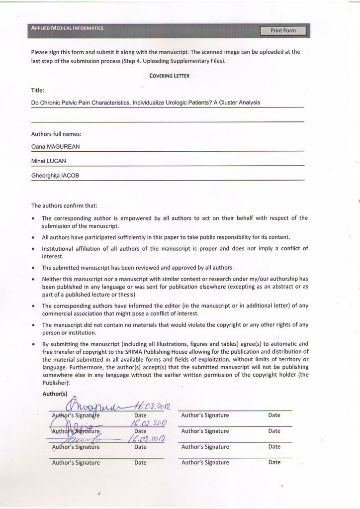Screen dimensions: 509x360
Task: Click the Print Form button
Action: [283, 31]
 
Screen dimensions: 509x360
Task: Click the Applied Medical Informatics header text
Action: [67, 28]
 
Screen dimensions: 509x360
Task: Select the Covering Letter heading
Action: [169, 76]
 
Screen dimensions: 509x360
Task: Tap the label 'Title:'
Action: [38, 91]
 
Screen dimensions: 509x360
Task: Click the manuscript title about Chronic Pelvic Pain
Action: [145, 102]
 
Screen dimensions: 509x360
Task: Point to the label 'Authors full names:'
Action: [56, 134]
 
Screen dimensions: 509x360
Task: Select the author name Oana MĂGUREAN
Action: [55, 146]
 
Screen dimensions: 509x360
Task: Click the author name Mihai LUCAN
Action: [49, 161]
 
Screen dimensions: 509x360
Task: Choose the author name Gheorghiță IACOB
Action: [55, 176]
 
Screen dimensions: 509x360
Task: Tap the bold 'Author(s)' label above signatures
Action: [55, 394]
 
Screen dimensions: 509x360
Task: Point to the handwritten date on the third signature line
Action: [146, 439]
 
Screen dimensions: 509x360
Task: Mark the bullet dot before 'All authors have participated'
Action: [33, 237]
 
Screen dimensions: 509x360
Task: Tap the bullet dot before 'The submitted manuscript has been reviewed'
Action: [33, 268]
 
